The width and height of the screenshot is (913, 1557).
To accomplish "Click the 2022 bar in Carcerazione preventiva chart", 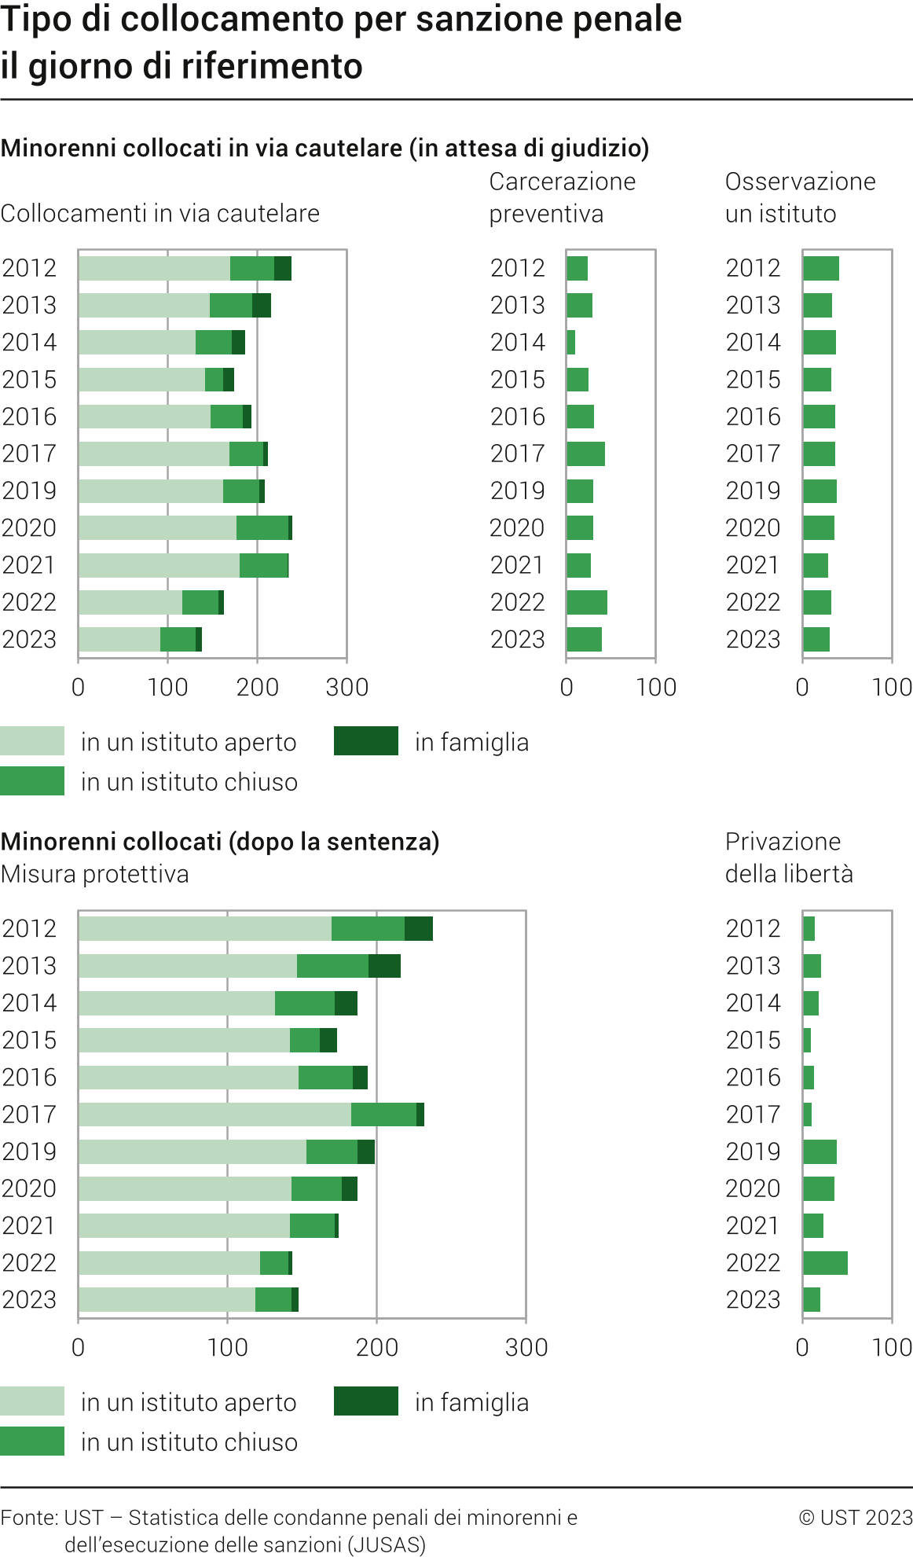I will (587, 602).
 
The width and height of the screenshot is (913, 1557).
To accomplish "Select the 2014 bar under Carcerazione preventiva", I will (571, 342).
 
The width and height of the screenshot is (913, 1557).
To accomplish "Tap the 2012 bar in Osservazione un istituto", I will (821, 268).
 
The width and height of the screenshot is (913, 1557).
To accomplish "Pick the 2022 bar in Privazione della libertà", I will (825, 1263).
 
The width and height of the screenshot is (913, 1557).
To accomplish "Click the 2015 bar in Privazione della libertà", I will (807, 1040).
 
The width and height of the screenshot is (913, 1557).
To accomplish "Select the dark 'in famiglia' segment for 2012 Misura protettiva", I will (419, 928).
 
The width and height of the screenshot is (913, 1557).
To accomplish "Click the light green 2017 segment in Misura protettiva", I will (214, 1115).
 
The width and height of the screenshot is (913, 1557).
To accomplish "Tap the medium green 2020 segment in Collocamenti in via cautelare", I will (262, 528).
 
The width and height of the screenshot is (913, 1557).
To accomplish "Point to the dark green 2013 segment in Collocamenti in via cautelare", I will (262, 305).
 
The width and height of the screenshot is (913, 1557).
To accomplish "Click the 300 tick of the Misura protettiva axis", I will (526, 1347).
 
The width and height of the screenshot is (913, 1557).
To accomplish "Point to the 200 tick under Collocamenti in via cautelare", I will (258, 687).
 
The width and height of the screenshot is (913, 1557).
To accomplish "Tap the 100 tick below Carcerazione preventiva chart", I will (656, 687).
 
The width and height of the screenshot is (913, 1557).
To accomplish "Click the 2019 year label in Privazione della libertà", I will (753, 1151).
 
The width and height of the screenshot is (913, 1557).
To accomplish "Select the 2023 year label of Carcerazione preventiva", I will (517, 640).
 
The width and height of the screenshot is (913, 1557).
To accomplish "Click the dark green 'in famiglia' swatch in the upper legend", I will (366, 741).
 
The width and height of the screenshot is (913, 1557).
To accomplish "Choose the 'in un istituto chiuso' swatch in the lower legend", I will (32, 1441).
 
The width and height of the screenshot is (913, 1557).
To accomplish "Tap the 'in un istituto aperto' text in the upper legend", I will (189, 742).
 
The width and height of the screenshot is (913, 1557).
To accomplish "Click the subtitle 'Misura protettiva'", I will (95, 874).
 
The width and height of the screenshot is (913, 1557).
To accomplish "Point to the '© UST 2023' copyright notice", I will (856, 1517).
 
